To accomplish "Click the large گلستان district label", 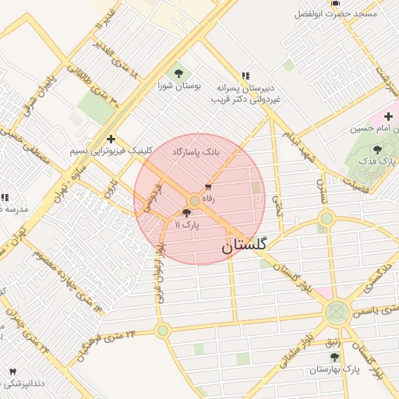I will (243, 245).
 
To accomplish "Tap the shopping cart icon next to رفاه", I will (208, 187).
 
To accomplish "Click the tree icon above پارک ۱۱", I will (185, 212).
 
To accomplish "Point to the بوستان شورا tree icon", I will (180, 73).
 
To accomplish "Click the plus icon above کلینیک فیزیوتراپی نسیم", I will (111, 138).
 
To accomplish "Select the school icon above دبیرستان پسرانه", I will (245, 76).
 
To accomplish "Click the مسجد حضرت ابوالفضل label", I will (335, 14).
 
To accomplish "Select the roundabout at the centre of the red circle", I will (195, 200).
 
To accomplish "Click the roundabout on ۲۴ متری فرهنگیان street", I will (162, 330).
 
